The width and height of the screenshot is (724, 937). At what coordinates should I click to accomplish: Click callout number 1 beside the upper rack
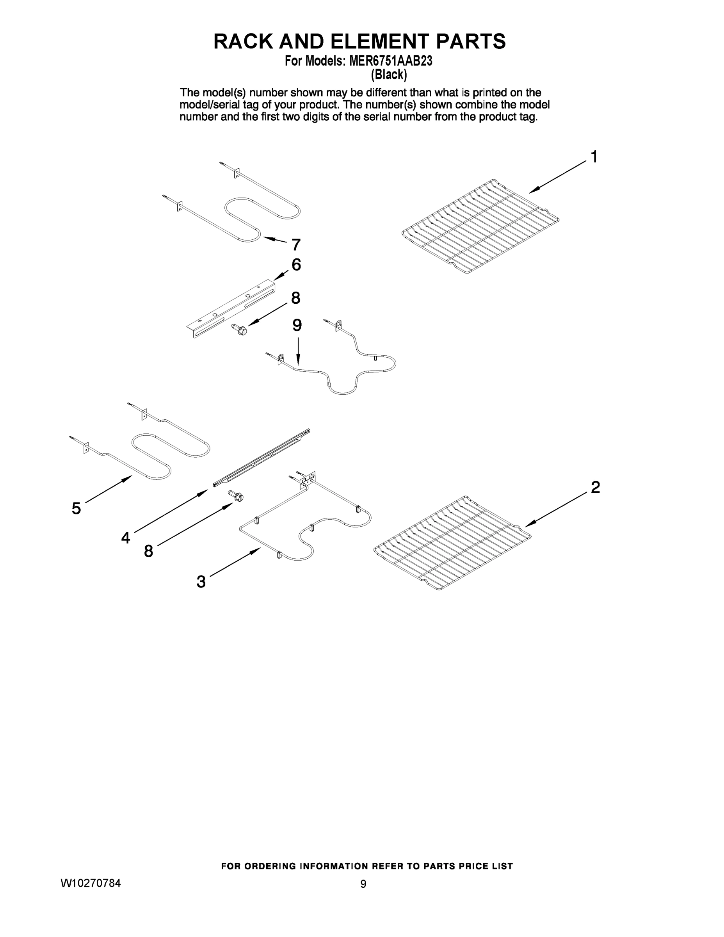pyautogui.click(x=594, y=157)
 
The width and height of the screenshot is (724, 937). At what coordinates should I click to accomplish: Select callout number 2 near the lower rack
pyautogui.click(x=595, y=487)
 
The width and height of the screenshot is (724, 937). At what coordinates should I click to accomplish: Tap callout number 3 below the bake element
pyautogui.click(x=201, y=582)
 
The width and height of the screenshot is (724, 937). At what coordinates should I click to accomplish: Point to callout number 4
pyautogui.click(x=125, y=537)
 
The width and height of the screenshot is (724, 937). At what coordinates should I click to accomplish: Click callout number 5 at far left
pyautogui.click(x=76, y=508)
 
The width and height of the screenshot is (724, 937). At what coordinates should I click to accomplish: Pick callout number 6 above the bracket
pyautogui.click(x=296, y=264)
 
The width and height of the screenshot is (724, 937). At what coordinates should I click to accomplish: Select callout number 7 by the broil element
pyautogui.click(x=296, y=245)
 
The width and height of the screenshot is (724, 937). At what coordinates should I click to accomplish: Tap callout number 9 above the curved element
pyautogui.click(x=297, y=325)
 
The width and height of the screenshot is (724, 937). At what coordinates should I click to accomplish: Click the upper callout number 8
pyautogui.click(x=295, y=298)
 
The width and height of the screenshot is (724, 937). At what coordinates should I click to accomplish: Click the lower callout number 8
pyautogui.click(x=148, y=551)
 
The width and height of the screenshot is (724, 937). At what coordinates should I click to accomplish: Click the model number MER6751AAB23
pyautogui.click(x=390, y=61)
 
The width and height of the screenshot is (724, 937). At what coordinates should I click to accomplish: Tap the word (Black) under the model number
pyautogui.click(x=389, y=75)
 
